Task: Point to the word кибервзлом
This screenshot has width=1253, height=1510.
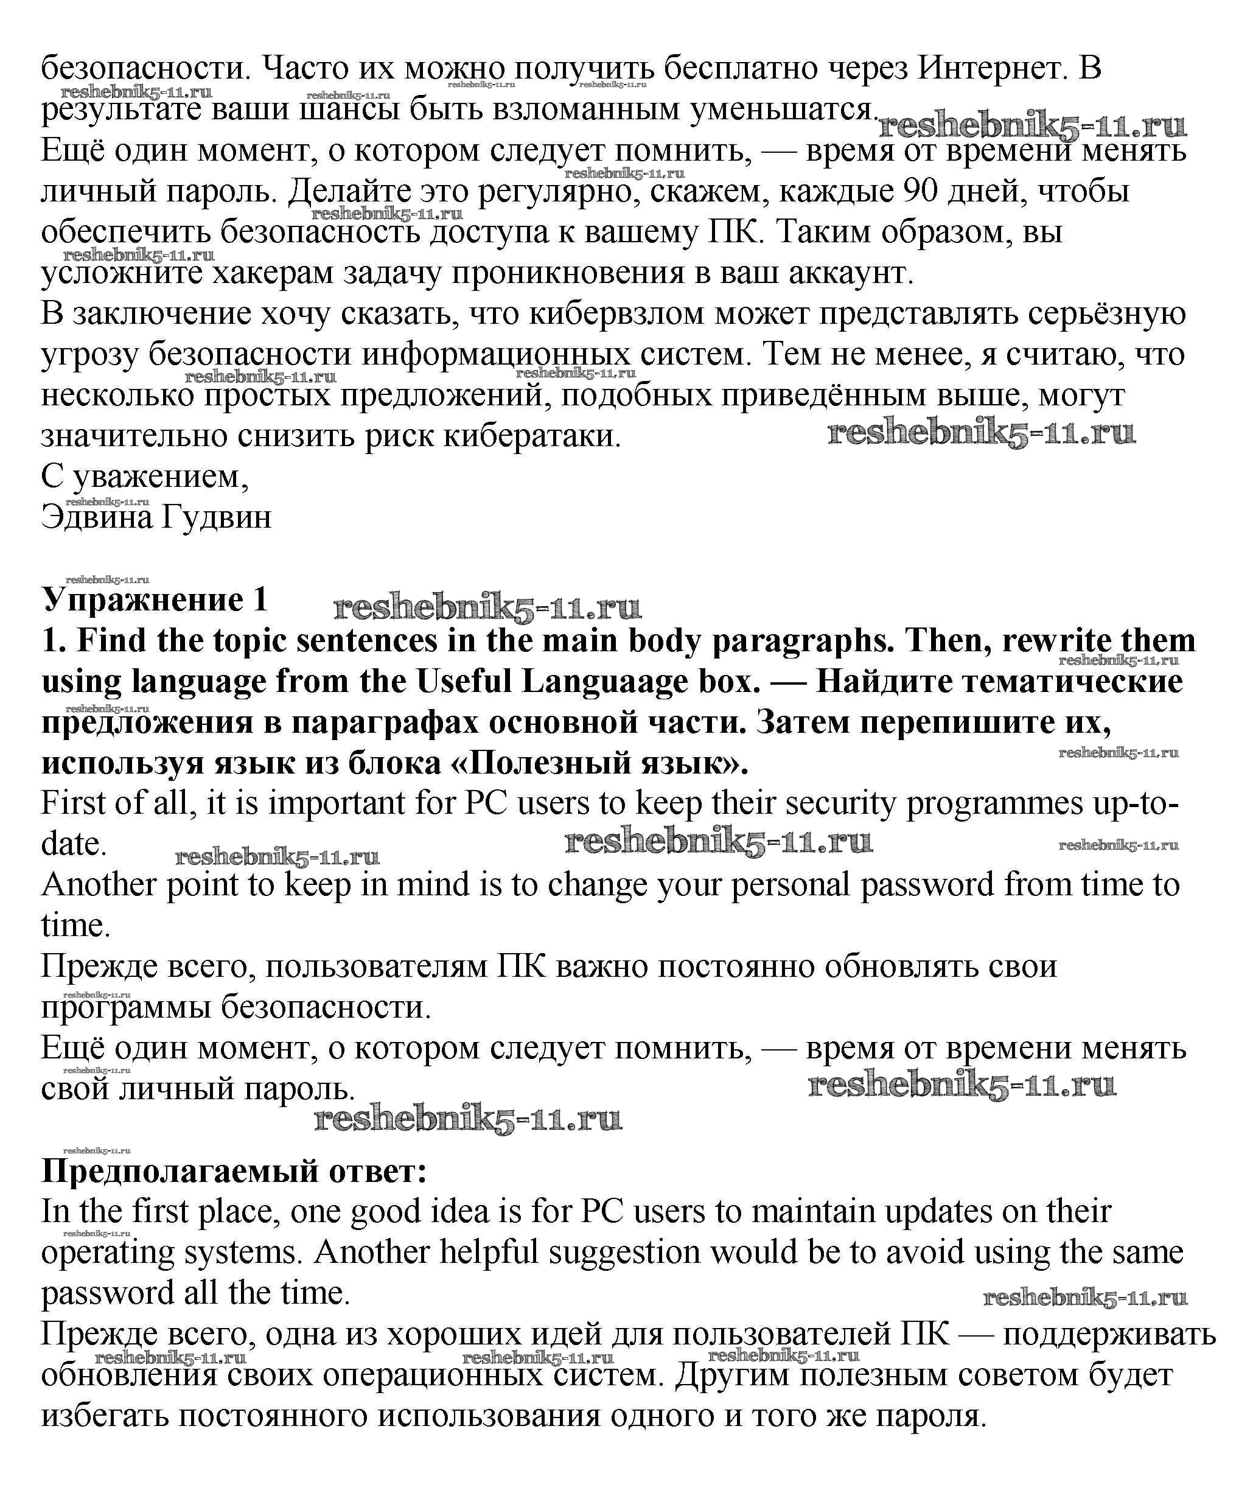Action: (x=616, y=313)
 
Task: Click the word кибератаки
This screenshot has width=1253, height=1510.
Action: (x=532, y=436)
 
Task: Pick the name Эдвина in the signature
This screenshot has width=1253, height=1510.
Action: (x=96, y=516)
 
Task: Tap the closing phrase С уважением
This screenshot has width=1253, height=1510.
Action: (x=144, y=476)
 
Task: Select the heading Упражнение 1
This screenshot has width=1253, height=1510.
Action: (x=155, y=599)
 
